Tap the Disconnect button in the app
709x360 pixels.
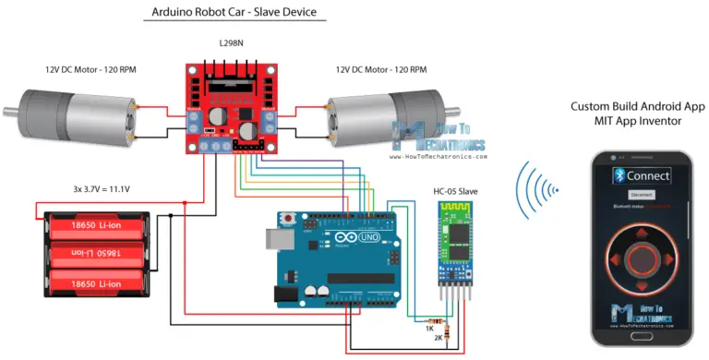coord(642,195)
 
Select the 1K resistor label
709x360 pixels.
coord(429,328)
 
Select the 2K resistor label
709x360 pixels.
coord(429,339)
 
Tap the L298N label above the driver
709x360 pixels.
coord(233,43)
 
